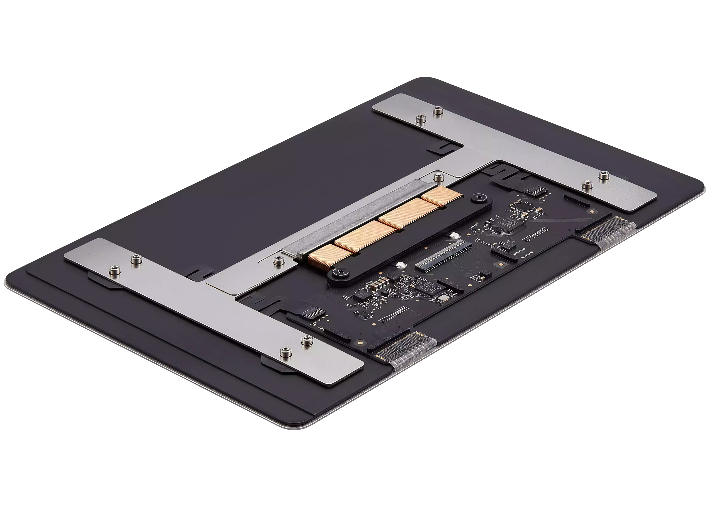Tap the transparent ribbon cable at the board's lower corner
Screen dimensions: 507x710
tap(406, 353)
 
